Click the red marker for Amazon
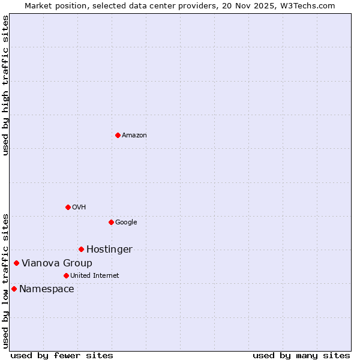118,135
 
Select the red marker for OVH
68,207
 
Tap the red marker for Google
111,222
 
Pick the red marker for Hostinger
81,249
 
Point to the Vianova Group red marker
16,263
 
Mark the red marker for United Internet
66,275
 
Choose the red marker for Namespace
14,289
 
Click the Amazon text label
134,135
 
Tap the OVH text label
79,207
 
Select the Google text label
126,222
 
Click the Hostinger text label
109,249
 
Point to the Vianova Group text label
57,263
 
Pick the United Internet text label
95,275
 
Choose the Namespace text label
47,289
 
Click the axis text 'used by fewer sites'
62,355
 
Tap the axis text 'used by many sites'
301,355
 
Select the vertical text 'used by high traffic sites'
5,85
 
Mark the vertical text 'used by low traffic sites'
5,280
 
